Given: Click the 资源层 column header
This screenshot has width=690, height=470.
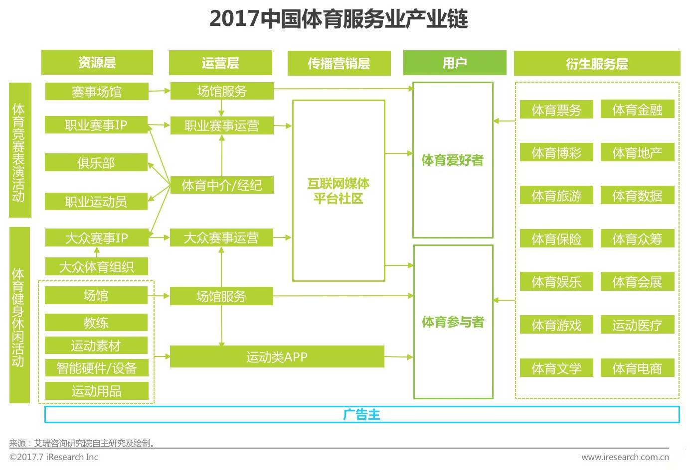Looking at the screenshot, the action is click(97, 63).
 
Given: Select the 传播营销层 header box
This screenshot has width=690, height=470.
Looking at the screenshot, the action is click(339, 63).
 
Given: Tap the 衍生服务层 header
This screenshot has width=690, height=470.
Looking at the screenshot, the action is click(597, 64).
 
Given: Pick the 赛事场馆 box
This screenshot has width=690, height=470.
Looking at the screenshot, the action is click(97, 92).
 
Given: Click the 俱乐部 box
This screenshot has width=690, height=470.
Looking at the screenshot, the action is click(96, 163).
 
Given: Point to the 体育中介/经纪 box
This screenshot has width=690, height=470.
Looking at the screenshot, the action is click(222, 185).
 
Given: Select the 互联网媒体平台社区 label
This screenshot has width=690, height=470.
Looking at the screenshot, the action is click(339, 191).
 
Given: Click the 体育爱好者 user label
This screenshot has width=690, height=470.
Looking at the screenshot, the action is click(453, 160).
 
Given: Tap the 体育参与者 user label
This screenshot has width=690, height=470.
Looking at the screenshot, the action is click(453, 322).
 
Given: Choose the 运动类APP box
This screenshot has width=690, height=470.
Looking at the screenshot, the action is click(277, 357).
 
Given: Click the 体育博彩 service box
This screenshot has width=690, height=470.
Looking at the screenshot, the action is click(556, 153).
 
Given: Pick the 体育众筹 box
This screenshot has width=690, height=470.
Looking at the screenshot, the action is click(637, 239).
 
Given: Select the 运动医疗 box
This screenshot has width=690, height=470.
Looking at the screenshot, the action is click(637, 325).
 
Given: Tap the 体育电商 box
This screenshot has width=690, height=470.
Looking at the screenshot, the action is click(637, 368).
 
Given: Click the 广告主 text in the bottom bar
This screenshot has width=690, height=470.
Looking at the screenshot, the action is click(362, 415).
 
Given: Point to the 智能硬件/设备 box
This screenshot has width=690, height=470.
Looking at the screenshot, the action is click(97, 368).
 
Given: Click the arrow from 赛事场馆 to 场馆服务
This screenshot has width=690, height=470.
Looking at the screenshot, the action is click(160, 91).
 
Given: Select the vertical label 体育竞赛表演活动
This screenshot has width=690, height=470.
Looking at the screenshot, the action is click(19, 150).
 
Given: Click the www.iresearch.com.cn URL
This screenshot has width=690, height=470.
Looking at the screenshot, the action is click(625, 457).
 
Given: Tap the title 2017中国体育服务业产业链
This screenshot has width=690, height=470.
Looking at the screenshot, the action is click(339, 19).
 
